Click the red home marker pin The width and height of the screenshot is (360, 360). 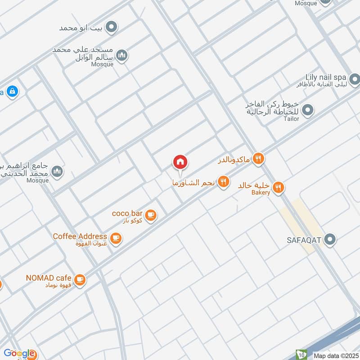tap(180, 162)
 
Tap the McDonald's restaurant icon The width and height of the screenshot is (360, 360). tap(258, 158)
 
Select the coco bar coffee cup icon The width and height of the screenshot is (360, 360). tap(151, 215)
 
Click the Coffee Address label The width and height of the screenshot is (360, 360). tap(80, 236)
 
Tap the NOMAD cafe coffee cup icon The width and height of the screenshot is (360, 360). tap(80, 280)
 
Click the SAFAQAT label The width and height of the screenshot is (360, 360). tap(304, 239)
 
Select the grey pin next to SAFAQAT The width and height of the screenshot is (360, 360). tap(331, 239)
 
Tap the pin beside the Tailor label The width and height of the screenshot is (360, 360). tap(308, 109)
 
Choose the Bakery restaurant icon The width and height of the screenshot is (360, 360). tap(279, 187)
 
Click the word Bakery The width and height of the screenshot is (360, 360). tap(261, 193)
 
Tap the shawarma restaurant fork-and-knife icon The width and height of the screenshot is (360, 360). tap(223, 182)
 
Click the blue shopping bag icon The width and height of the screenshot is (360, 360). tap(12, 90)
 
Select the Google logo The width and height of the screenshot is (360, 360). tap(19, 353)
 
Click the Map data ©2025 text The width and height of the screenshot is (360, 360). tap(335, 355)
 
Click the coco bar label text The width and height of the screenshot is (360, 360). tap(127, 213)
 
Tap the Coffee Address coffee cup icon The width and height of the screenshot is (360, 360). tap(116, 238)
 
